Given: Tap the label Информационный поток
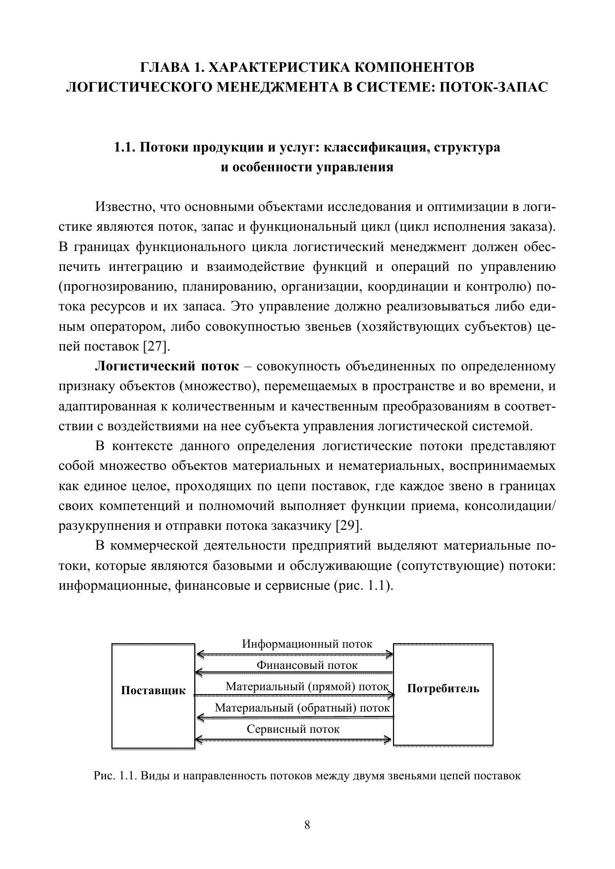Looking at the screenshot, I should [x=307, y=644].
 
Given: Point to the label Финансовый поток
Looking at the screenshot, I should [x=307, y=665].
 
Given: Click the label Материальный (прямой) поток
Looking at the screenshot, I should [x=307, y=687].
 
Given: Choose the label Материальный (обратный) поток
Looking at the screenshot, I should [x=302, y=708].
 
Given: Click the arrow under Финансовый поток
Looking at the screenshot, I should [x=294, y=673].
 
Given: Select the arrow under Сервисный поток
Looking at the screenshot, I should [x=294, y=741].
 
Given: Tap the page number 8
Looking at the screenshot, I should [x=307, y=825].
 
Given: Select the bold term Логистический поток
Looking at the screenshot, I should [x=167, y=367].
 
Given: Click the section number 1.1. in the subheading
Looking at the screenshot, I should [x=124, y=148].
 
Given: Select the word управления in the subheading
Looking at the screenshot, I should [x=359, y=167].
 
